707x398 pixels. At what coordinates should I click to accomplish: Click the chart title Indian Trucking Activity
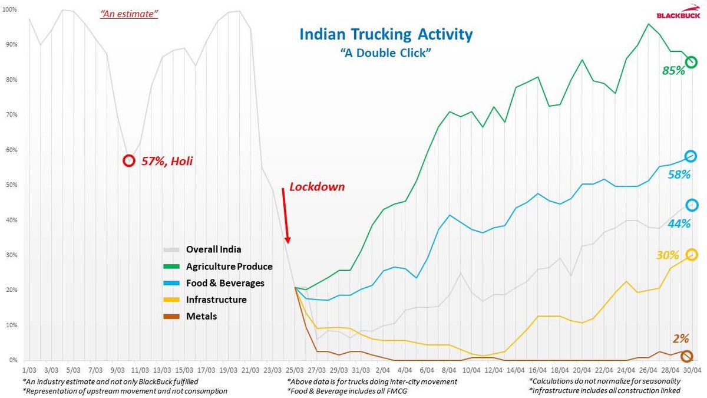click(x=386, y=34)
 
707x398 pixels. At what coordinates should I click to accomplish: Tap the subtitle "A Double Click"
click(x=386, y=52)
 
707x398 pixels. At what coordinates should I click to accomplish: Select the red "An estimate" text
click(x=129, y=13)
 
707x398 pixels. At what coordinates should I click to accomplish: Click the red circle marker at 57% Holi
click(x=128, y=160)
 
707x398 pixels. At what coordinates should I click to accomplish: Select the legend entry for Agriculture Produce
click(x=229, y=267)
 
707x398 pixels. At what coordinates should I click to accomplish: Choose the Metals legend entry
click(x=201, y=316)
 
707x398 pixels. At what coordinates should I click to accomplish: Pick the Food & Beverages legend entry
click(x=225, y=283)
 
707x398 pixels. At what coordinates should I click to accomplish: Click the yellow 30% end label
click(x=668, y=255)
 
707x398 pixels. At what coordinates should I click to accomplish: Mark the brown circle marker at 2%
click(x=686, y=357)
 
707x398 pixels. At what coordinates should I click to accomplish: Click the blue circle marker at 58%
click(x=691, y=156)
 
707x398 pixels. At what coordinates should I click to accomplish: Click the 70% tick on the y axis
click(x=12, y=115)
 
